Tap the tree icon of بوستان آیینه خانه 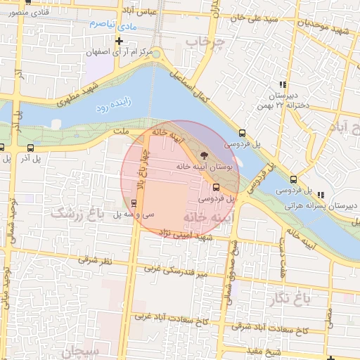[x=204, y=155]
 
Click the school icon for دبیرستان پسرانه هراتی [x=321, y=195]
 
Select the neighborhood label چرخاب [x=204, y=44]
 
